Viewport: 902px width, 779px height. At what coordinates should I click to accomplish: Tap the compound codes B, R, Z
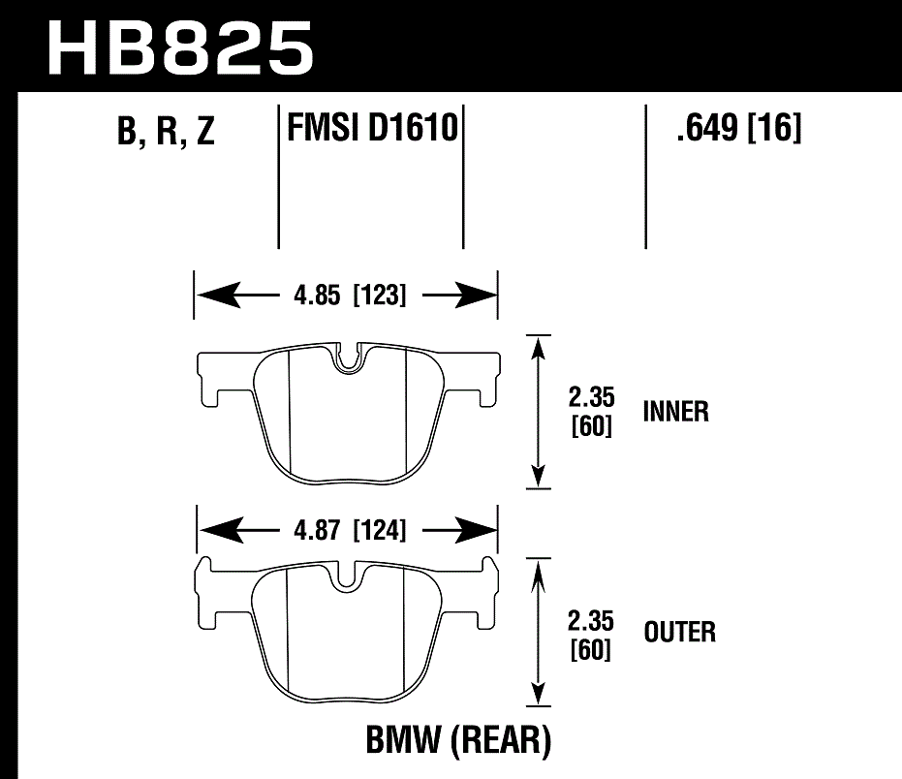(x=165, y=133)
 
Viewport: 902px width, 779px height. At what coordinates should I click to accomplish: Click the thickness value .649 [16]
(x=739, y=127)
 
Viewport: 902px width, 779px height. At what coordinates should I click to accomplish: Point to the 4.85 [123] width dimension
(x=345, y=295)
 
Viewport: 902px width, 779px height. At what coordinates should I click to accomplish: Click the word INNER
(x=676, y=412)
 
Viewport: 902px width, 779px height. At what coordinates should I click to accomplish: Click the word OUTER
(x=680, y=634)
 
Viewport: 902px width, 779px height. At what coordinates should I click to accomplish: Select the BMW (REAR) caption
(x=458, y=742)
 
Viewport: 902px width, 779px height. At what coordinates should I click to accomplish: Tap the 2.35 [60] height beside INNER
(x=591, y=412)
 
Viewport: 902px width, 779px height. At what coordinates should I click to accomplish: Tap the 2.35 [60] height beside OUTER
(x=591, y=634)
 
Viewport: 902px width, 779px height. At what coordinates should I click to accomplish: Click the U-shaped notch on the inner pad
(x=348, y=359)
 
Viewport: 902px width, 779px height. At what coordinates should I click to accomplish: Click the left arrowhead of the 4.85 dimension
(x=214, y=295)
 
